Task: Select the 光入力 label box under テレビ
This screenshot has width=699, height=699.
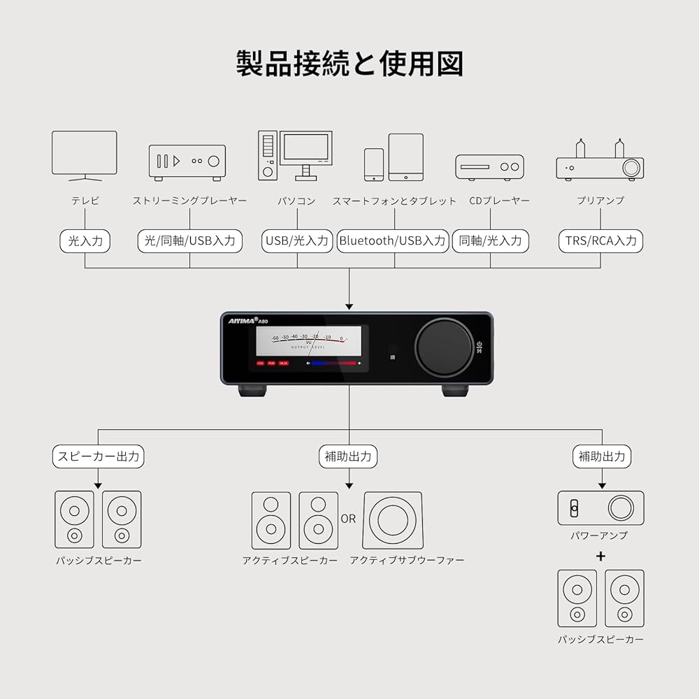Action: tap(85, 241)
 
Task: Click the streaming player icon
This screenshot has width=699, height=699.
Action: tap(187, 163)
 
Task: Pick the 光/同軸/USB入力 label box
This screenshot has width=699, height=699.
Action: tap(190, 241)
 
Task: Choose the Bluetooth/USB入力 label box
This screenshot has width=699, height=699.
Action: tap(393, 241)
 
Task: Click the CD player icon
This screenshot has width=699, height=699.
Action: tap(489, 167)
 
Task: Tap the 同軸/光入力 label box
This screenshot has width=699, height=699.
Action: tap(491, 241)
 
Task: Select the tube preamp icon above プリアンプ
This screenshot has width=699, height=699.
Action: tap(600, 161)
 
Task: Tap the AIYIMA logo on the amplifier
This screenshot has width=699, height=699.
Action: tap(243, 320)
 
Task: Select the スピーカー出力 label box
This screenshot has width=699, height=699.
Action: tap(98, 457)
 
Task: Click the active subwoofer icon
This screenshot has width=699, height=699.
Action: tap(392, 520)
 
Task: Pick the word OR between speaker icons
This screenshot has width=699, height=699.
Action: tap(348, 519)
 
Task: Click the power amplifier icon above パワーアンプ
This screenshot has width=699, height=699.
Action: tap(600, 508)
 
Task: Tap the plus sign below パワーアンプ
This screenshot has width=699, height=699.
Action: tap(600, 556)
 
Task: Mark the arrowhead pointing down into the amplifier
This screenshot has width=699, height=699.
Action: tap(349, 305)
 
